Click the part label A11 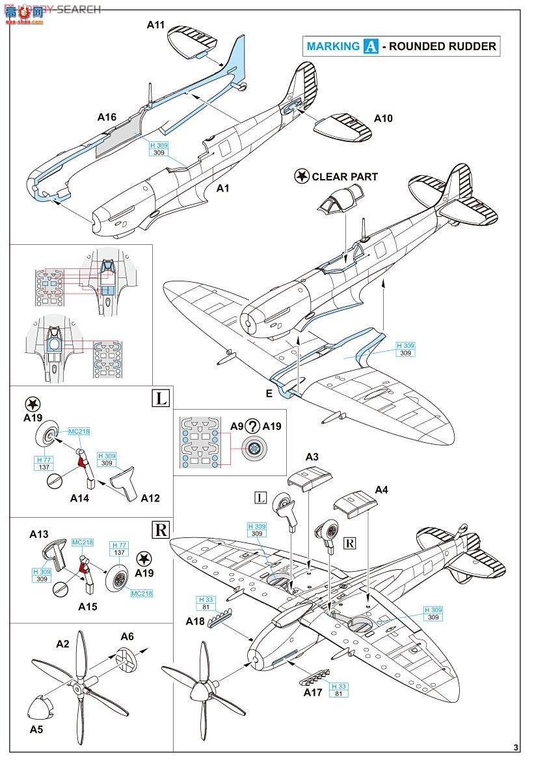click(156, 25)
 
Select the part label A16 click(107, 117)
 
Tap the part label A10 click(384, 119)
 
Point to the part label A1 click(223, 188)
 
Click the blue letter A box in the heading click(371, 46)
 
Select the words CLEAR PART click(345, 176)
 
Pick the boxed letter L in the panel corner click(159, 397)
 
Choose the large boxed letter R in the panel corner click(159, 529)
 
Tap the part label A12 click(150, 498)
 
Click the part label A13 click(39, 534)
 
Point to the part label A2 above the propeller click(62, 644)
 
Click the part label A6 click(127, 636)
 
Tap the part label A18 click(196, 621)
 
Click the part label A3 click(312, 457)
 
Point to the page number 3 click(516, 747)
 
